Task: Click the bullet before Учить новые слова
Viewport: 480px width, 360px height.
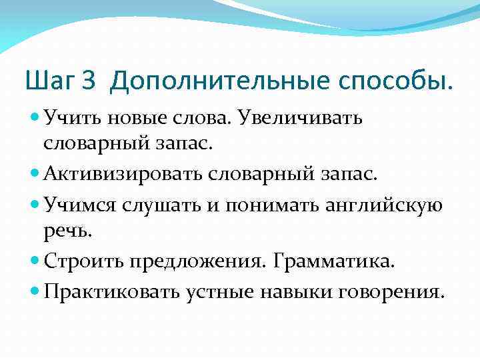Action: pos(35,117)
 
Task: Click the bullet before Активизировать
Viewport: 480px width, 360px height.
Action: pos(35,175)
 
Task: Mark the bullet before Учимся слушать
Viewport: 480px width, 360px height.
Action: pos(35,204)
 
